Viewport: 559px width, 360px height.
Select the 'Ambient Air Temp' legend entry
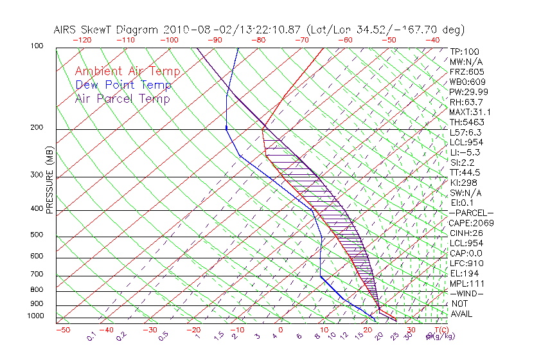pyautogui.click(x=127, y=71)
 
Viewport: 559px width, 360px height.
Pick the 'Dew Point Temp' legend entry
pyautogui.click(x=123, y=85)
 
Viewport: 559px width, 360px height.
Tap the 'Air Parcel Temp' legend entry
pyautogui.click(x=122, y=98)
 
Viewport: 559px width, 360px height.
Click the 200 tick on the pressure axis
pyautogui.click(x=37, y=128)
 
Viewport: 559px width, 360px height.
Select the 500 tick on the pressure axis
pyautogui.click(x=37, y=235)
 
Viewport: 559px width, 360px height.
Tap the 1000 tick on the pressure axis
pyautogui.click(x=35, y=316)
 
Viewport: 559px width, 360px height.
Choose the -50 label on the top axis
pyautogui.click(x=389, y=40)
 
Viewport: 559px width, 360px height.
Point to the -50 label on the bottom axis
pyautogui.click(x=62, y=330)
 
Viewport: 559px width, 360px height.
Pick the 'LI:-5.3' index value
pyautogui.click(x=465, y=152)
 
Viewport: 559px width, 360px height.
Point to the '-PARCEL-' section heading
pyautogui.click(x=471, y=213)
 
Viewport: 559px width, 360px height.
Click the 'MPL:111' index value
pyautogui.click(x=466, y=283)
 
